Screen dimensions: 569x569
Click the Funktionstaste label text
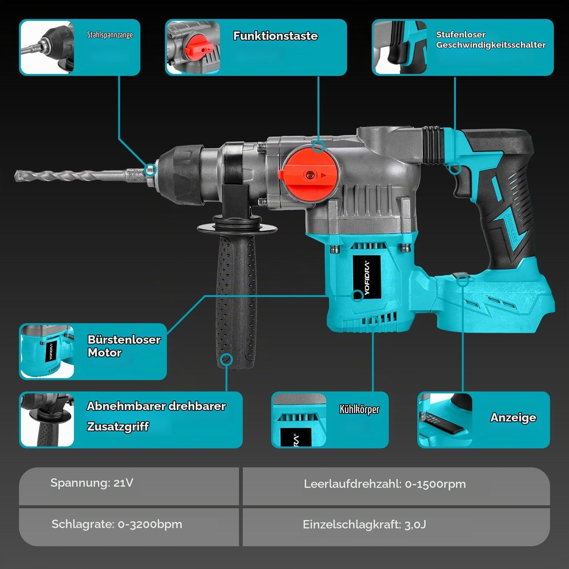[275, 36]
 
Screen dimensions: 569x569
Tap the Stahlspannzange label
[110, 35]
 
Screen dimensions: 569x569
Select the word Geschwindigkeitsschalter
[491, 45]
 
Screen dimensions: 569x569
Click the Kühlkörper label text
[359, 409]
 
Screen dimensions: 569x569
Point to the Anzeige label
[513, 418]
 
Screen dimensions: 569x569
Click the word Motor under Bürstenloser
[105, 352]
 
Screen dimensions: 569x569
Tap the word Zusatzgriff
[118, 426]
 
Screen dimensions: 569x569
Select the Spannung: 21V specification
[92, 483]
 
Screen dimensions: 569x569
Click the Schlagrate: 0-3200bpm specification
[117, 524]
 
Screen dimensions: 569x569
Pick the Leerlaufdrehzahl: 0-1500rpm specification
[385, 484]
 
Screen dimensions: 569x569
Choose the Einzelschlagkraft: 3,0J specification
[364, 525]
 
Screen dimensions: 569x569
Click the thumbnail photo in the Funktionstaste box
[193, 47]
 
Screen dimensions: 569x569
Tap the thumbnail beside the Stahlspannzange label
[47, 47]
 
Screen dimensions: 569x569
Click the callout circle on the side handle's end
[227, 360]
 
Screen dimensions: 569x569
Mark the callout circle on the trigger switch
[455, 168]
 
